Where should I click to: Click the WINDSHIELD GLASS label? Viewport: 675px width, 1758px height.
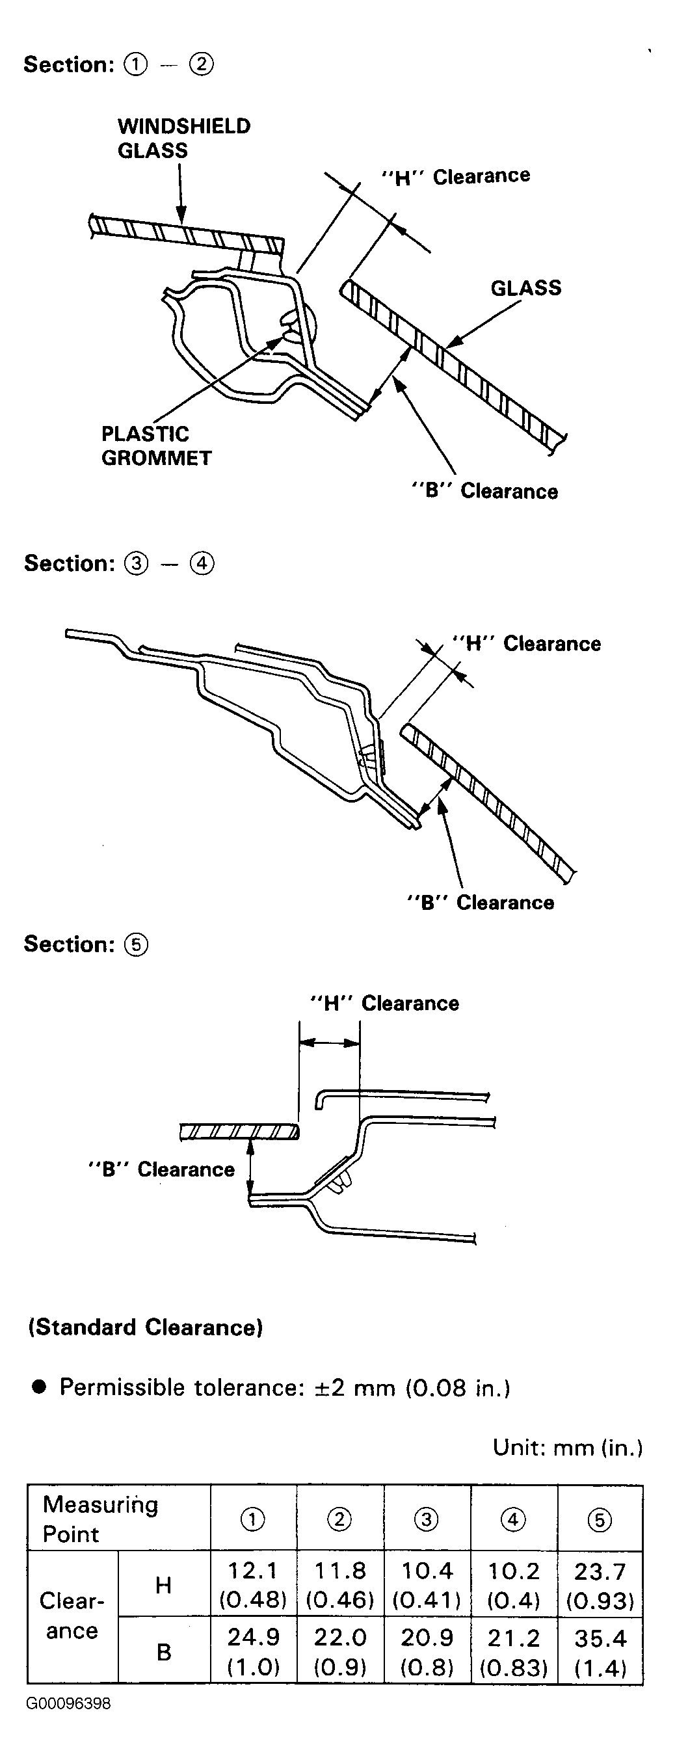pyautogui.click(x=184, y=138)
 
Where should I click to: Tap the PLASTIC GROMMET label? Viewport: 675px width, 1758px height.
pyautogui.click(x=156, y=446)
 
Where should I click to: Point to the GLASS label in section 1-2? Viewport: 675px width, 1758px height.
pyautogui.click(x=525, y=288)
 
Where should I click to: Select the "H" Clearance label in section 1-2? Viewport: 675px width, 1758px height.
pyautogui.click(x=455, y=177)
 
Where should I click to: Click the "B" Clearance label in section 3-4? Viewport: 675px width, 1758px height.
pyautogui.click(x=481, y=902)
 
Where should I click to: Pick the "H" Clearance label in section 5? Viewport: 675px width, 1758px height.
pyautogui.click(x=384, y=1003)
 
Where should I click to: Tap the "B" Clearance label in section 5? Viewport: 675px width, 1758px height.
pyautogui.click(x=161, y=1169)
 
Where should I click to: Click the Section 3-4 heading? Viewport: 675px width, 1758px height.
pyautogui.click(x=120, y=564)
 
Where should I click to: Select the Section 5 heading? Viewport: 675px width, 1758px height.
pyautogui.click(x=86, y=944)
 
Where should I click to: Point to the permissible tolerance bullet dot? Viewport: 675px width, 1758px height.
pyautogui.click(x=39, y=1387)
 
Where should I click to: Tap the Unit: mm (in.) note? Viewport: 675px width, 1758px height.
pyautogui.click(x=568, y=1447)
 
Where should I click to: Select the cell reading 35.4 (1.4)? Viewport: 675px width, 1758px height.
pyautogui.click(x=601, y=1651)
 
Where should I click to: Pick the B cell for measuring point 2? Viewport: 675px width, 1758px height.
pyautogui.click(x=340, y=1651)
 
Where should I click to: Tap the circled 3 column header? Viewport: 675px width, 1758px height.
pyautogui.click(x=427, y=1519)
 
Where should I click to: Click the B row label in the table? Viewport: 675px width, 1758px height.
pyautogui.click(x=164, y=1651)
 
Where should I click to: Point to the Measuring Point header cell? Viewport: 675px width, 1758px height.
pyautogui.click(x=119, y=1519)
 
